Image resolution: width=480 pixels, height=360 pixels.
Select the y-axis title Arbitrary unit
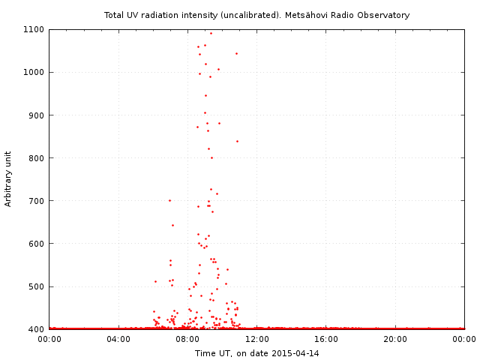[x=9, y=178]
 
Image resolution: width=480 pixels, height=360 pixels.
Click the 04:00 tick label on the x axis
[x=118, y=340]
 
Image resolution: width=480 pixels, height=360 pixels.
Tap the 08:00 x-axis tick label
[x=187, y=340]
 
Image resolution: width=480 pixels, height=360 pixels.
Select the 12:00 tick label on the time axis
[x=257, y=340]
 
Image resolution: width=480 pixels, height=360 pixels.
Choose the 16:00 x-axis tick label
[x=326, y=340]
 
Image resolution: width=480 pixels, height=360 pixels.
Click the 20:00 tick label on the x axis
[x=395, y=340]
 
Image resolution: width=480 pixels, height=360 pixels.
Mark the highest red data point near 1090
[x=211, y=33]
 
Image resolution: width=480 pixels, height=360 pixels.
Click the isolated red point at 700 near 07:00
[x=169, y=200]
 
